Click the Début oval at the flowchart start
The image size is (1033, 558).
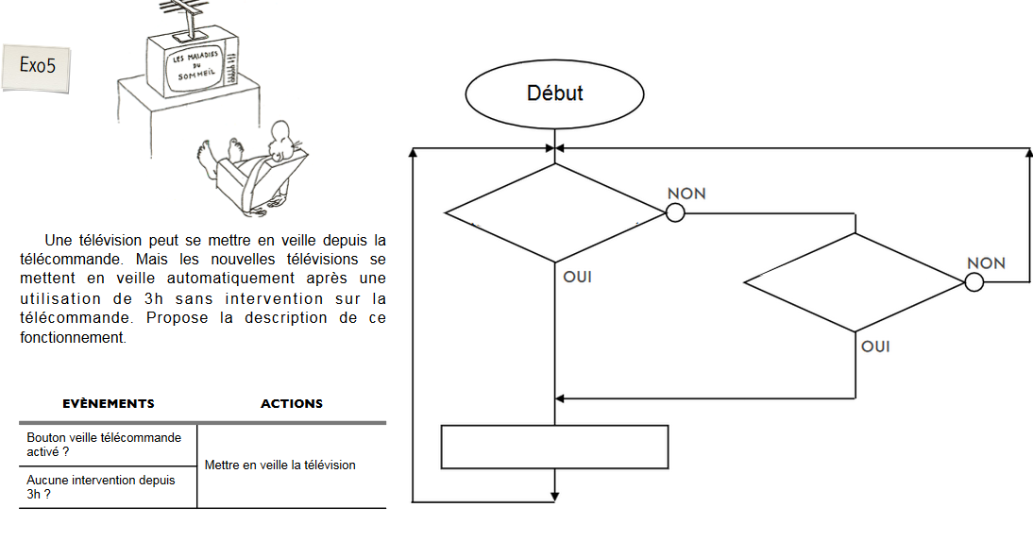tap(554, 93)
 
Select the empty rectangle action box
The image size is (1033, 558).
tap(554, 447)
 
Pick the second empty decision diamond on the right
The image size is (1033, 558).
tap(855, 282)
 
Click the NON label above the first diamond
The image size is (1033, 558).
tap(686, 194)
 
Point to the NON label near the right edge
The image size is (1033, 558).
tap(986, 263)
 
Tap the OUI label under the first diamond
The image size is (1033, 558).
tap(578, 278)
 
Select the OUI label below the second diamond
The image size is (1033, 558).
tap(875, 347)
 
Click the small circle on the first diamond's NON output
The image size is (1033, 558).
tap(675, 213)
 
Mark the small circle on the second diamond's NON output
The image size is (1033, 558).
tap(974, 282)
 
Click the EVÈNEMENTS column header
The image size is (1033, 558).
tap(109, 403)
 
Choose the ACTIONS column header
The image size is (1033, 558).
tap(292, 403)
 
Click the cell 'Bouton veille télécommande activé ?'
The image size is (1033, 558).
tap(104, 445)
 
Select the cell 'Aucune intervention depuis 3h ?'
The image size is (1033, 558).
tap(101, 486)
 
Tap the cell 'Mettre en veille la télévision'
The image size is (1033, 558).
tap(279, 465)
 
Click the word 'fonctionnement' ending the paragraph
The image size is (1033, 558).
tap(72, 337)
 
